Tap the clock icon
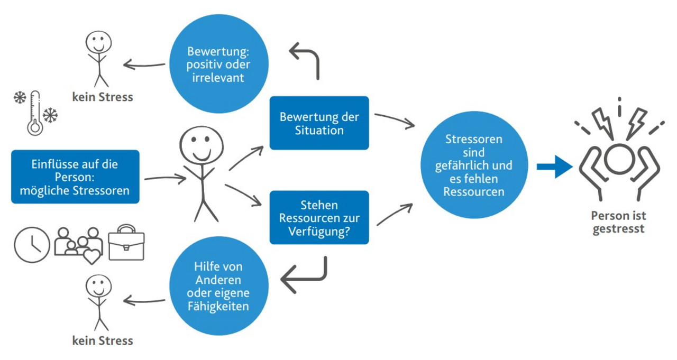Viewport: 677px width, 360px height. (32, 245)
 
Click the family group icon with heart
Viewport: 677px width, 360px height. (78, 245)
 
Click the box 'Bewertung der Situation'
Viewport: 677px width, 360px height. (319, 123)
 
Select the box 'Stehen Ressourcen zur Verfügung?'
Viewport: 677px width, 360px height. (319, 217)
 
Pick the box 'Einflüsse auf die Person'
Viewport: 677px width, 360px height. (75, 177)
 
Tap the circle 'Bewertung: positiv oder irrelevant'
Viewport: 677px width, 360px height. (219, 64)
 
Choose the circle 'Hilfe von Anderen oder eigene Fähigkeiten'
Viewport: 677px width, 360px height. (219, 285)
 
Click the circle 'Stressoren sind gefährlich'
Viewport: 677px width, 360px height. (474, 165)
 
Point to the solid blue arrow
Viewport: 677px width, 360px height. (554, 167)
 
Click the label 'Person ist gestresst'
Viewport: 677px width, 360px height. (618, 222)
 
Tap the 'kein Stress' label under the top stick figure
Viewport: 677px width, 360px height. (103, 97)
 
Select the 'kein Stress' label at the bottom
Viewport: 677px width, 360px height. (103, 340)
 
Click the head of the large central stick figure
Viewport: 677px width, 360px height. (202, 145)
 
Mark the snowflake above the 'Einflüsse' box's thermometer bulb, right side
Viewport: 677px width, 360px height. (50, 115)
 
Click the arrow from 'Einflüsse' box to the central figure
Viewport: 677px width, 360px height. (165, 178)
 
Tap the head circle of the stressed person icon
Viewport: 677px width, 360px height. (619, 160)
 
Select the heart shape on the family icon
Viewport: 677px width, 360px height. (92, 257)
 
